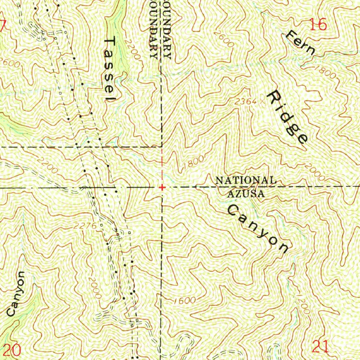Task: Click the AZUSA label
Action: (246, 193)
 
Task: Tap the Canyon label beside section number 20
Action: (16, 294)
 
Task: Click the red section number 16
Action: (319, 25)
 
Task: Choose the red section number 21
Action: (321, 347)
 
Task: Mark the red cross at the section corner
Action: (162, 187)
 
